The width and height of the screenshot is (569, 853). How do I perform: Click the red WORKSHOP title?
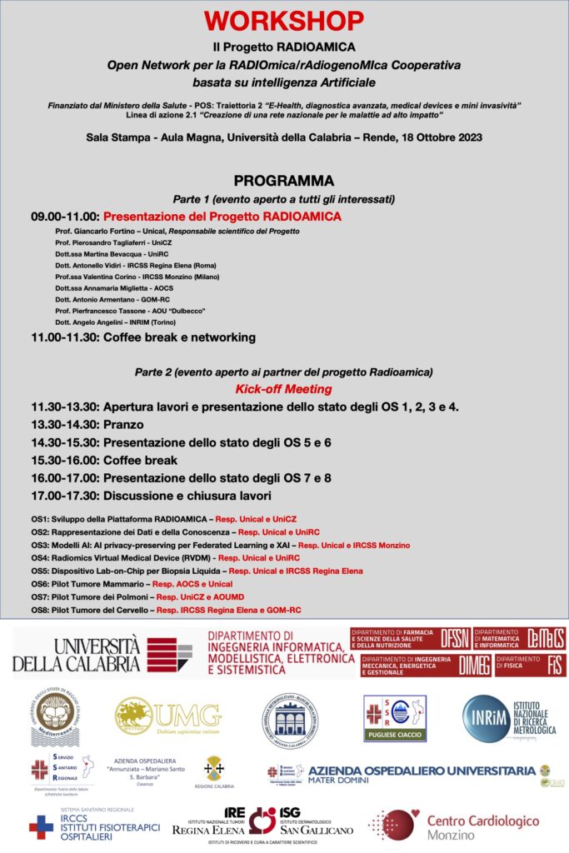(284, 20)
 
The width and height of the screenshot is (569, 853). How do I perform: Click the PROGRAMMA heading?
(284, 181)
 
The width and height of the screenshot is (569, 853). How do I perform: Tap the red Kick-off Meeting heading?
(284, 389)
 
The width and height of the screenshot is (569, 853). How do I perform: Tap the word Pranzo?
(123, 424)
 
